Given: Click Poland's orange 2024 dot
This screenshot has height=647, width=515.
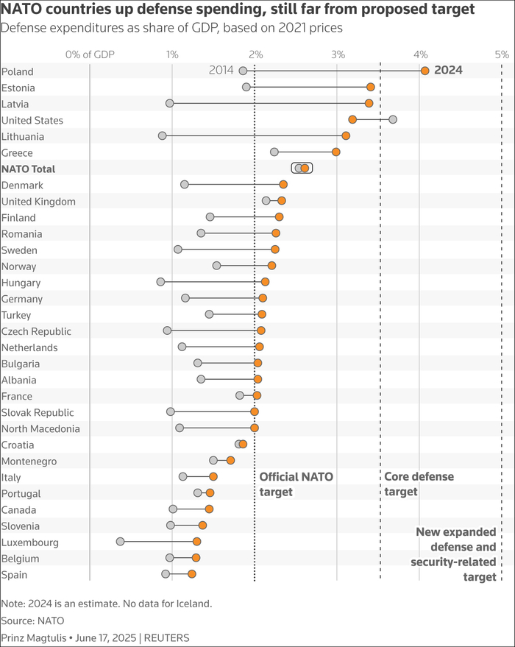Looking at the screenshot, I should tap(425, 71).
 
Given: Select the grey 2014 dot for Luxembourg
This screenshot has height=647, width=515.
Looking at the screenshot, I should tap(120, 542).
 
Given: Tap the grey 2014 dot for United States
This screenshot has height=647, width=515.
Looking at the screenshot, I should tap(393, 119).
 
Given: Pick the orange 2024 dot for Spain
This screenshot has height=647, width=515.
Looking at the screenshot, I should tap(192, 574).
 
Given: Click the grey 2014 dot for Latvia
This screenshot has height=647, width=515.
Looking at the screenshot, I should tap(170, 103).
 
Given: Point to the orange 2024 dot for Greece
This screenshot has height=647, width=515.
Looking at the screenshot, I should tap(336, 152).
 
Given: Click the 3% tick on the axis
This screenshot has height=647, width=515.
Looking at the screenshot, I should tap(338, 54).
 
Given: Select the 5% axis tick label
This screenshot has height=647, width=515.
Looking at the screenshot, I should tap(502, 54).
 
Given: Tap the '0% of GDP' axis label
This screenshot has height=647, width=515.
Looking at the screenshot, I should tap(90, 54).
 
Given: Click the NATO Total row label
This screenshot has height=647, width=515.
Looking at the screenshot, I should tap(29, 169).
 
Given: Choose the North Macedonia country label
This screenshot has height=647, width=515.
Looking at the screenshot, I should tap(40, 428).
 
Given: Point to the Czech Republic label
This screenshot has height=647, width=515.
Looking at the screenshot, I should tap(35, 331).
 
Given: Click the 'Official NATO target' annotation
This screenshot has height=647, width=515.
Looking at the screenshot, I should tap(296, 484).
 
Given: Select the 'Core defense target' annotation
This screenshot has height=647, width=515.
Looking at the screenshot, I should tap(419, 484).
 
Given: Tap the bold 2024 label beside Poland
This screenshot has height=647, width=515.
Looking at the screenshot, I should tap(448, 71).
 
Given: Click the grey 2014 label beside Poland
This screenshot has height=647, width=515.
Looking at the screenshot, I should tap(221, 71).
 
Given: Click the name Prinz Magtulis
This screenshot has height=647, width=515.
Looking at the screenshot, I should tap(33, 637).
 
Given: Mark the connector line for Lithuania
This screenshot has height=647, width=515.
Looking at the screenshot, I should tap(254, 135).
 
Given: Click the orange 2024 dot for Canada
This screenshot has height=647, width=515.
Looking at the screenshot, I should tap(209, 509).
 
